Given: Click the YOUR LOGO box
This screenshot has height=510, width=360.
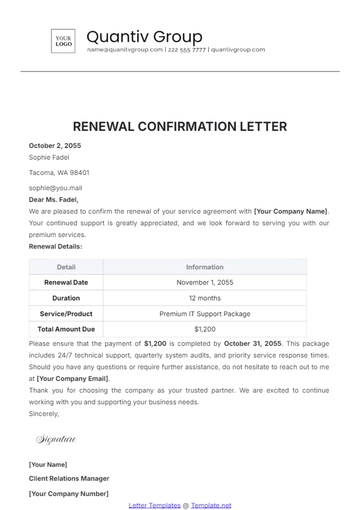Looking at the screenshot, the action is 63,41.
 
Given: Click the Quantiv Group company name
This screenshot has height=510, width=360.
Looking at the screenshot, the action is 144,37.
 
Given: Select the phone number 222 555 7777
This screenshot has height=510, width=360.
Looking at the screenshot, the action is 186,49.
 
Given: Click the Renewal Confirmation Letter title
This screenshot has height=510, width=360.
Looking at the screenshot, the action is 180,127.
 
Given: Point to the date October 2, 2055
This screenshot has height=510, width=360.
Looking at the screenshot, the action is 55,146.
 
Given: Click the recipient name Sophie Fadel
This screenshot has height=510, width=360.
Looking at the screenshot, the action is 48,158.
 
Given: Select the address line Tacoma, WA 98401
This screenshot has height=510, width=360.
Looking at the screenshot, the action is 58,172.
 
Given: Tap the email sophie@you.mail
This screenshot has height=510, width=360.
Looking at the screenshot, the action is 56,187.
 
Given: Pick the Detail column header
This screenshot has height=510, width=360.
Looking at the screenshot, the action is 66,267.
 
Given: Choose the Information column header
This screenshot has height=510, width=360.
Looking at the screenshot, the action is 205,267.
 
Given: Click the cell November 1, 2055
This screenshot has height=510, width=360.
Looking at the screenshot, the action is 205,283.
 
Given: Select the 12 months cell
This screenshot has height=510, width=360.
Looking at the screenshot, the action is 205,298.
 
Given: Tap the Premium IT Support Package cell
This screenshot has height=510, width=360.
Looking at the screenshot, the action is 205,313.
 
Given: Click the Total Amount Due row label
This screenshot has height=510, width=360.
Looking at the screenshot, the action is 66,328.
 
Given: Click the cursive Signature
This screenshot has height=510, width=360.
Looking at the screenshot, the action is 57,439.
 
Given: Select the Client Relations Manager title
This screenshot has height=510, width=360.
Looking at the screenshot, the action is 69,479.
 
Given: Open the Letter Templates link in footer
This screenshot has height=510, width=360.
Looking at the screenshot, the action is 153,506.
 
